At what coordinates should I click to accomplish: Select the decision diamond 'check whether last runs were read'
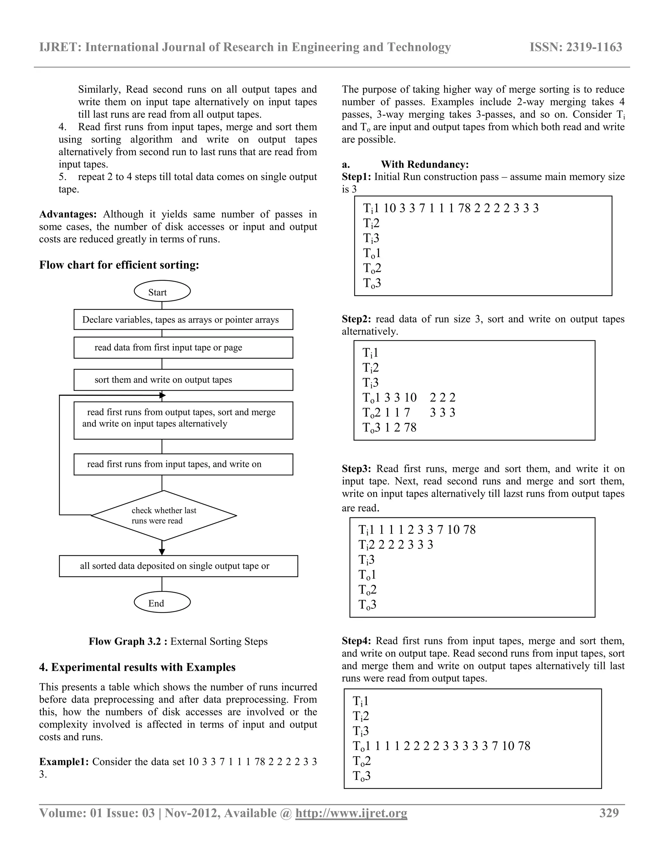pyautogui.click(x=164, y=515)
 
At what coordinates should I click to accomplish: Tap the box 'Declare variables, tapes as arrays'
pyautogui.click(x=183, y=319)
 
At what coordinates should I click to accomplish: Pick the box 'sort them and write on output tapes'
pyautogui.click(x=183, y=380)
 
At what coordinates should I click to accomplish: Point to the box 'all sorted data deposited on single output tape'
pyautogui.click(x=178, y=566)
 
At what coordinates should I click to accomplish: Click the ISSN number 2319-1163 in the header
pyautogui.click(x=576, y=47)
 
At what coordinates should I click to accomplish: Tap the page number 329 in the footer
pyautogui.click(x=609, y=813)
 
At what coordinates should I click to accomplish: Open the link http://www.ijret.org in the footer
pyautogui.click(x=351, y=813)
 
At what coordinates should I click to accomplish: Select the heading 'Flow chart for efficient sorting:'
pyautogui.click(x=119, y=265)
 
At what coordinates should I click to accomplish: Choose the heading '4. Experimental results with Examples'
pyautogui.click(x=137, y=667)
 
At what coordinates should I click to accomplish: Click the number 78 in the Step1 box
pyautogui.click(x=464, y=208)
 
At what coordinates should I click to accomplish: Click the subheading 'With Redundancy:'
pyautogui.click(x=424, y=164)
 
